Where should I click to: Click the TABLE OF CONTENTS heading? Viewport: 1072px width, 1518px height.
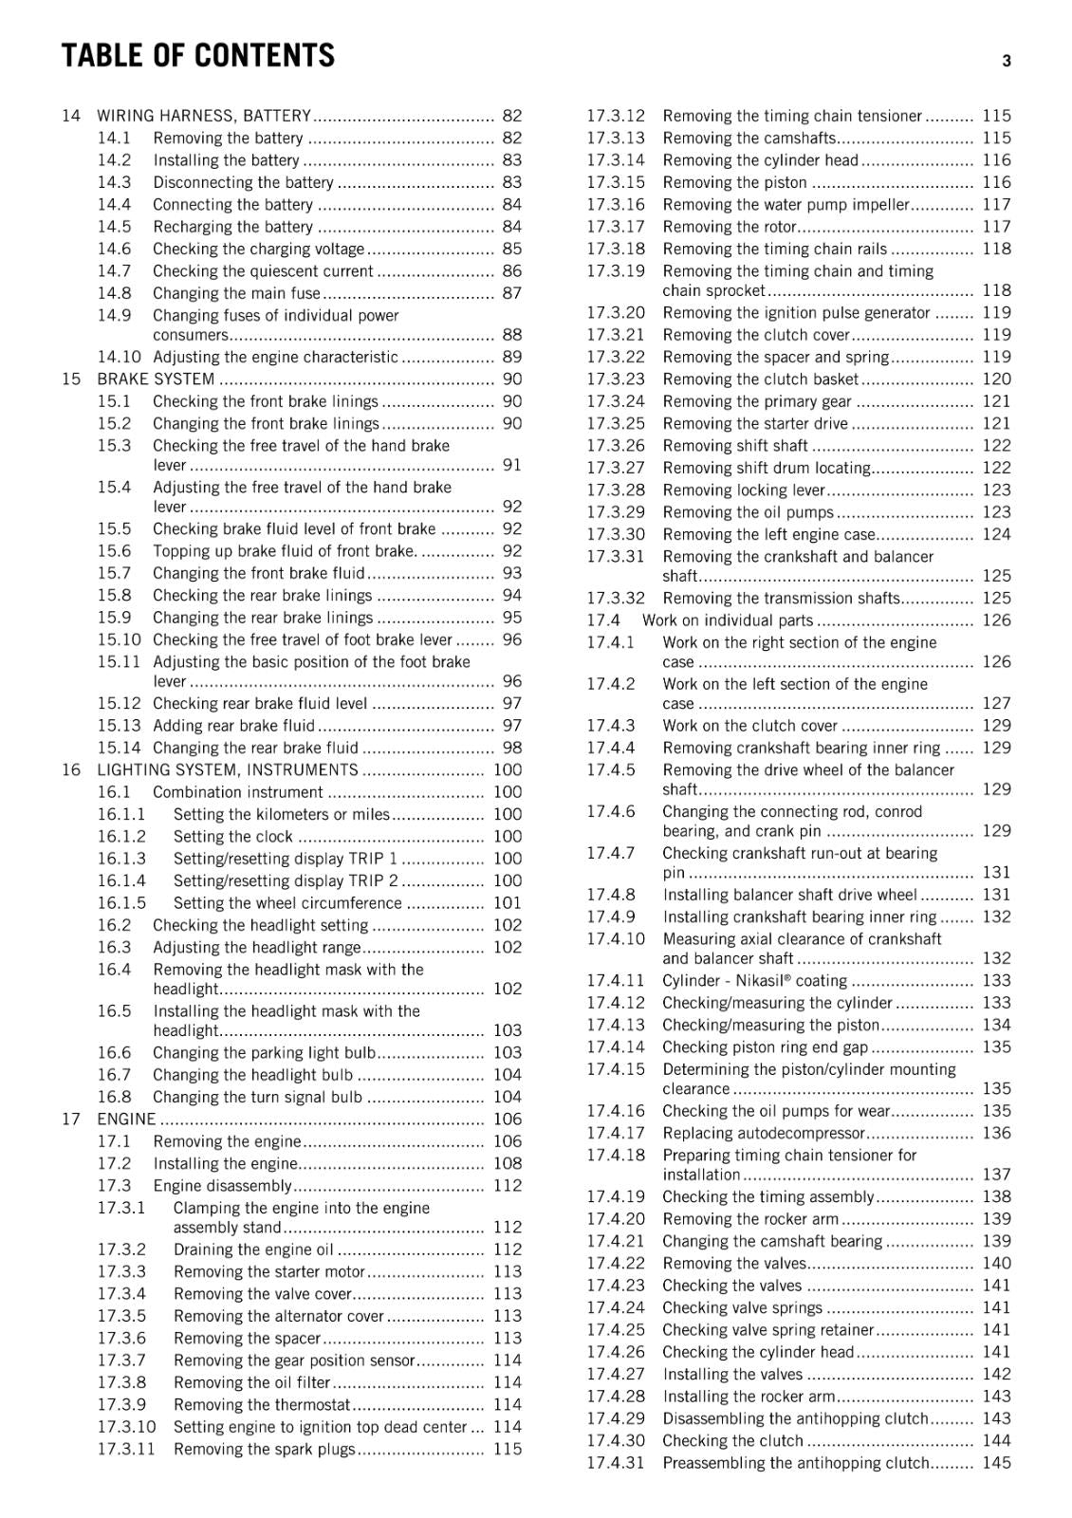point(197,56)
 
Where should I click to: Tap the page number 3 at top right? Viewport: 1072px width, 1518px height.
point(1006,62)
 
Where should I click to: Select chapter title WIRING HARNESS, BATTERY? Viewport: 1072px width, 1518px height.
point(204,116)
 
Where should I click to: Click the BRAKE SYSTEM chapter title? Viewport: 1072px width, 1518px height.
point(156,379)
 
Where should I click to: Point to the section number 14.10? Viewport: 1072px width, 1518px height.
point(119,357)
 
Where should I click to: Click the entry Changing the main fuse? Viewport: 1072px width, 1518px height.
point(236,293)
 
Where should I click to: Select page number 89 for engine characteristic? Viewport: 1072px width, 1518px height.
point(511,357)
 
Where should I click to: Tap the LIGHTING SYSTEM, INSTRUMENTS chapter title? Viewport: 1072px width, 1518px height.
point(228,769)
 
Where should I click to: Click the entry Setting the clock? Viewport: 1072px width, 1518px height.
point(232,836)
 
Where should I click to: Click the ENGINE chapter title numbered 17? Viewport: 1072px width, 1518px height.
point(126,1119)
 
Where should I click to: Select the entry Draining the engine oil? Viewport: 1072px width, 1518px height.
point(253,1250)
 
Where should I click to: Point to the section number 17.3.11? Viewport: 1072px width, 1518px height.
point(125,1449)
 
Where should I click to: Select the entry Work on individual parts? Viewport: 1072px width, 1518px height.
point(728,620)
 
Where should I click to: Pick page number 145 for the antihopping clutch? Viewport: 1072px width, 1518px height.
point(996,1463)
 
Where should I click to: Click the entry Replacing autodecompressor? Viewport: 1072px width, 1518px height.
point(764,1133)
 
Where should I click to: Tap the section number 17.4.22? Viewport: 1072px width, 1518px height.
point(615,1263)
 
